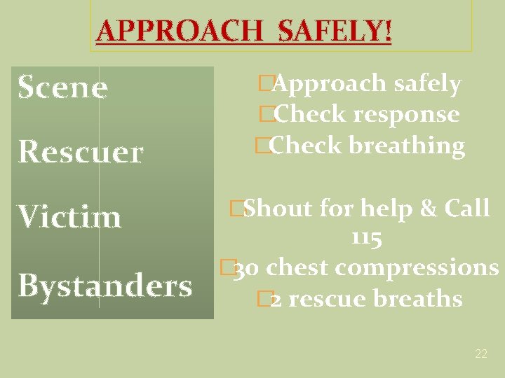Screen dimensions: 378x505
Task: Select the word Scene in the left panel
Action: pos(62,87)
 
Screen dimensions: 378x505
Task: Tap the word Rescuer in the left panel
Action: pos(81,152)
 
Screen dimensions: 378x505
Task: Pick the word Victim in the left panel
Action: pos(69,217)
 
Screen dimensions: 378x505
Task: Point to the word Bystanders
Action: pos(105,285)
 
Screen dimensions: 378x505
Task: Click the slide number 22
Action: pos(480,354)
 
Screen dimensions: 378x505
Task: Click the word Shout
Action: pos(278,208)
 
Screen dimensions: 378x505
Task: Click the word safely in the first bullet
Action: pos(427,84)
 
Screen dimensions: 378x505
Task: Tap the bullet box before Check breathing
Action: pos(262,146)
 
